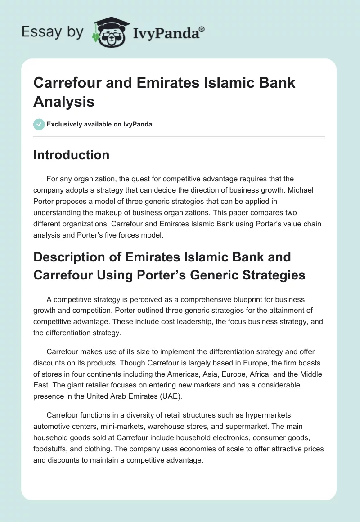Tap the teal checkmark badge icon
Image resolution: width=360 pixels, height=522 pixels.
(39, 124)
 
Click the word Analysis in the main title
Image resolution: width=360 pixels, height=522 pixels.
(64, 101)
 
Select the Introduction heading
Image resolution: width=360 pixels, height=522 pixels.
(72, 155)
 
